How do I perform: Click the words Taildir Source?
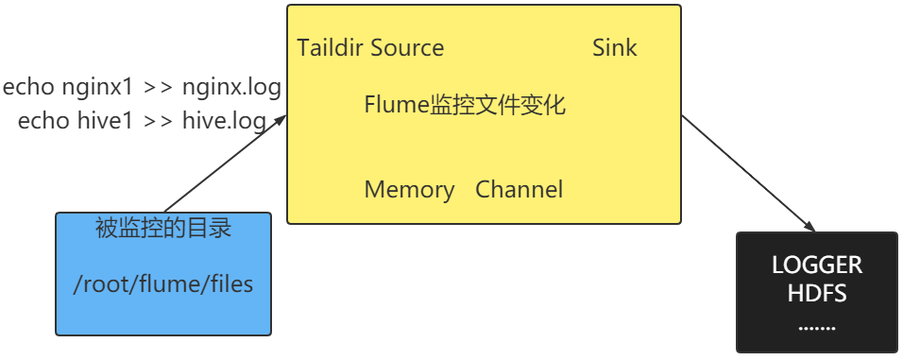pyautogui.click(x=370, y=48)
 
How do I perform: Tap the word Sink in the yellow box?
pyautogui.click(x=615, y=48)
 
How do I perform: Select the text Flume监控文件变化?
pyautogui.click(x=465, y=105)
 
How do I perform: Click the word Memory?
pyautogui.click(x=409, y=190)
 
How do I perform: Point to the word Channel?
pyautogui.click(x=520, y=190)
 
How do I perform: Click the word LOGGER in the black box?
pyautogui.click(x=817, y=265)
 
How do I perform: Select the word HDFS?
pyautogui.click(x=817, y=294)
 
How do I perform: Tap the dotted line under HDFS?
pyautogui.click(x=817, y=327)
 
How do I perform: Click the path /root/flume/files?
pyautogui.click(x=163, y=283)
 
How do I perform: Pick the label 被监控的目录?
pyautogui.click(x=163, y=229)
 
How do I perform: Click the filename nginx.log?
pyautogui.click(x=232, y=89)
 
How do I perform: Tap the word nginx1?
pyautogui.click(x=98, y=89)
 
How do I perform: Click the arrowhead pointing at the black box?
pyautogui.click(x=810, y=226)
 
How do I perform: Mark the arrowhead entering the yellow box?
pyautogui.click(x=281, y=119)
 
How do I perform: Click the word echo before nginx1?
pyautogui.click(x=29, y=89)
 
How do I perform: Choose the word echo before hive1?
pyautogui.click(x=43, y=121)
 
